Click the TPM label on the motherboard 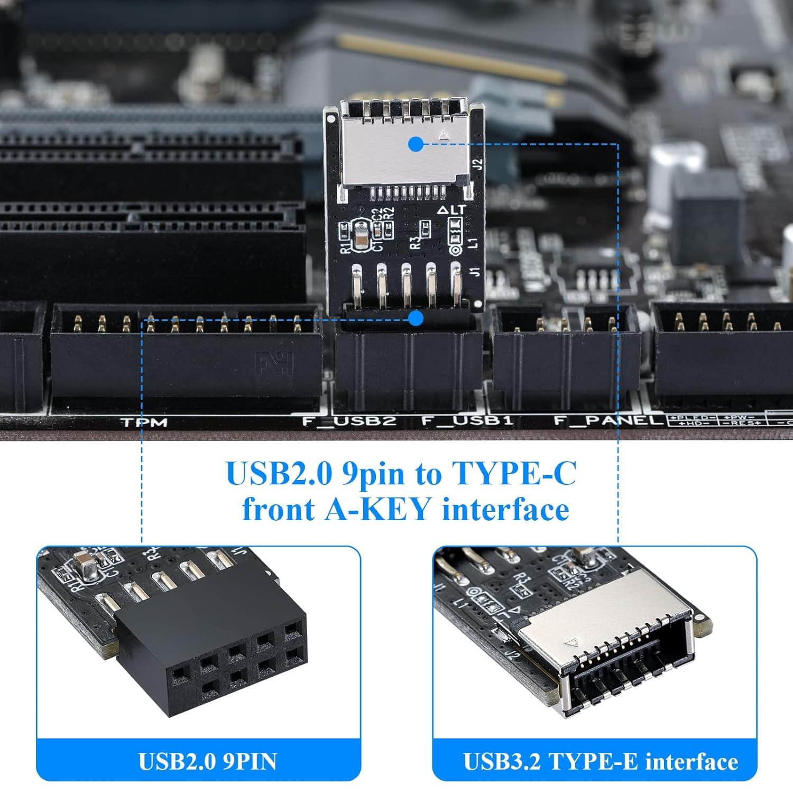click(144, 422)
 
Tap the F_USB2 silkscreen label click(349, 421)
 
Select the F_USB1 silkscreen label click(467, 421)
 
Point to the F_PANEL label click(608, 421)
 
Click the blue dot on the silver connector click(416, 143)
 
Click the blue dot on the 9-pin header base click(416, 318)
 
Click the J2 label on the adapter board click(477, 164)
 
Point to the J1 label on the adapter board click(475, 273)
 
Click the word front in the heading click(279, 510)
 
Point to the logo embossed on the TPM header click(274, 364)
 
